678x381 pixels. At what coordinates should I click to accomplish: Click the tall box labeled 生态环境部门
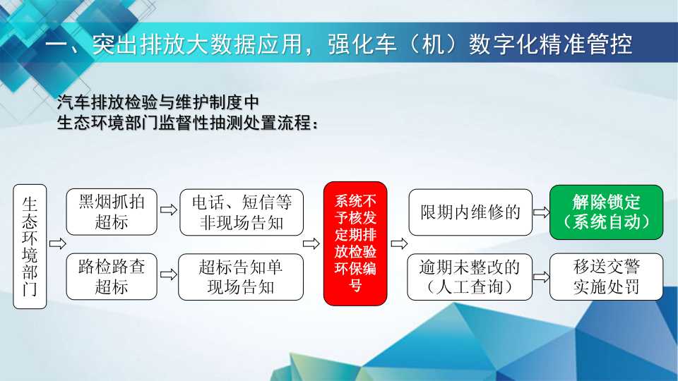pyautogui.click(x=30, y=247)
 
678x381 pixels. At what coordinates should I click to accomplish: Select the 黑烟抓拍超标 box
pyautogui.click(x=112, y=212)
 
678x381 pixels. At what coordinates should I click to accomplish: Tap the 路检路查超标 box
pyautogui.click(x=112, y=277)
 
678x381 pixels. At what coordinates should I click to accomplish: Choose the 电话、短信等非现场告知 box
pyautogui.click(x=242, y=212)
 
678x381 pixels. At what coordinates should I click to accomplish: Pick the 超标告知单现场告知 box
pyautogui.click(x=241, y=277)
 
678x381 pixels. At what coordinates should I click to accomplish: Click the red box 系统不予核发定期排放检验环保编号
pyautogui.click(x=355, y=243)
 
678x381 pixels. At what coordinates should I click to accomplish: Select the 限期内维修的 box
pyautogui.click(x=470, y=212)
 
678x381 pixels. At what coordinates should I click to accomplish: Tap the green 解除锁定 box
pyautogui.click(x=606, y=212)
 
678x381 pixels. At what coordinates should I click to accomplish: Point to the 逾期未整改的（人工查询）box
pyautogui.click(x=470, y=277)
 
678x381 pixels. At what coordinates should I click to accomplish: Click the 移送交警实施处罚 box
pyautogui.click(x=606, y=277)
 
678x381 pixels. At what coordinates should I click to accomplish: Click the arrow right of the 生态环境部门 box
pyautogui.click(x=57, y=243)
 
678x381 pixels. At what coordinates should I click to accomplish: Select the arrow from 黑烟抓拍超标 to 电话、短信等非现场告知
pyautogui.click(x=169, y=210)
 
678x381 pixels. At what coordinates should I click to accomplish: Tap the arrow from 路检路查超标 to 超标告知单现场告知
pyautogui.click(x=169, y=274)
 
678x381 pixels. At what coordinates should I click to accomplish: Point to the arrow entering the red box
pyautogui.click(x=311, y=243)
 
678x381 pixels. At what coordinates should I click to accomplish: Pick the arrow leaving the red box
pyautogui.click(x=399, y=243)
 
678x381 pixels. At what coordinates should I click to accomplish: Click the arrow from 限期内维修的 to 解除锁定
pyautogui.click(x=542, y=212)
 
